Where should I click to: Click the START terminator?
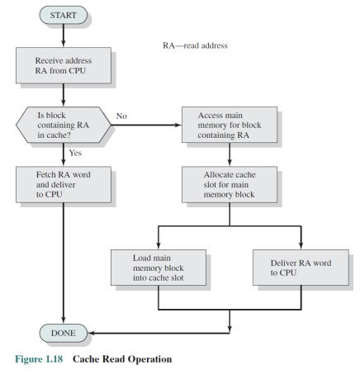click(x=64, y=15)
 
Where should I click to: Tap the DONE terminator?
click(x=64, y=333)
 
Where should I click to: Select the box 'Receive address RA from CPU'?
click(x=64, y=65)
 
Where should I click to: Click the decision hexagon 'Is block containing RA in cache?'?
click(x=64, y=125)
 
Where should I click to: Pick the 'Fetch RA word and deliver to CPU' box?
click(x=64, y=184)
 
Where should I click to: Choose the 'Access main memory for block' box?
click(x=230, y=125)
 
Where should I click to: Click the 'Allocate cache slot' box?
click(x=230, y=184)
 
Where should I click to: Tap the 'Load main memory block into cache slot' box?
click(x=159, y=268)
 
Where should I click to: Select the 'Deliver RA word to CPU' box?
click(x=301, y=268)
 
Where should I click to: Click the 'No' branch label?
click(x=121, y=116)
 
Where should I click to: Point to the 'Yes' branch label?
click(x=75, y=153)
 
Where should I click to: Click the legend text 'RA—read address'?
click(x=195, y=45)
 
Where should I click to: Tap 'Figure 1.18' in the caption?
click(x=39, y=359)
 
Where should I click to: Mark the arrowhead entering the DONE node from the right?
click(x=91, y=333)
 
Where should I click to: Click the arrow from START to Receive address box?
click(x=64, y=36)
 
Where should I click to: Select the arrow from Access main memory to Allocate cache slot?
click(x=230, y=154)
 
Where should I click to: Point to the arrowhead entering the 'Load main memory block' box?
click(x=159, y=246)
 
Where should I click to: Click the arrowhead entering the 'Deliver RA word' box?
click(x=301, y=246)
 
